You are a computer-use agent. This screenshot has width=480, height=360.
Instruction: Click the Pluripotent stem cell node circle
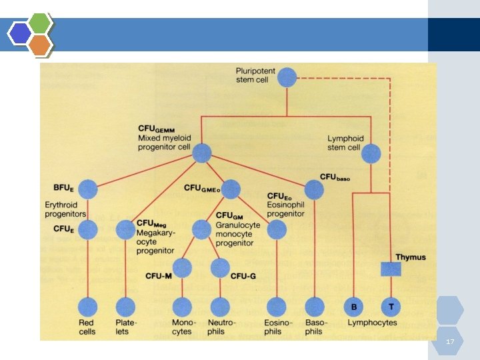point(287,77)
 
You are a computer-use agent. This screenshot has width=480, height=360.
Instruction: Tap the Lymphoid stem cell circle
point(371,154)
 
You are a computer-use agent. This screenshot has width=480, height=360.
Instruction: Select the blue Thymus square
point(391,269)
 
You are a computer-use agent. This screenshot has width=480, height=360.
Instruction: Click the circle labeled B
point(353,307)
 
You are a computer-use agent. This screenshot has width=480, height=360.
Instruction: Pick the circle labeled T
point(391,307)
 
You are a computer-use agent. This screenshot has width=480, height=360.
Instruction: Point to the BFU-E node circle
point(88,189)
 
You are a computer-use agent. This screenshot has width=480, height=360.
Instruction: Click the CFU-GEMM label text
point(156,129)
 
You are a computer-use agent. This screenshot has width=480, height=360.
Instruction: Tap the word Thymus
point(411,257)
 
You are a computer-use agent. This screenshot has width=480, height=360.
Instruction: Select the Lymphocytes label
point(372,323)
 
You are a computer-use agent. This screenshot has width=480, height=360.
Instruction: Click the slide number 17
point(450,341)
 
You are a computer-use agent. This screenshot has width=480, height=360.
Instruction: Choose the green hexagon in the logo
point(40,23)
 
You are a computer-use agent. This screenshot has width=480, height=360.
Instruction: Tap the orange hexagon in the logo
point(40,45)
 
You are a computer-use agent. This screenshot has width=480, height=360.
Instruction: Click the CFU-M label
point(159,276)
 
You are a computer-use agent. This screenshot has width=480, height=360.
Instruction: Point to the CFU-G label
point(243,277)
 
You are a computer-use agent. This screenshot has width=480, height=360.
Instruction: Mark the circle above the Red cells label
point(87,307)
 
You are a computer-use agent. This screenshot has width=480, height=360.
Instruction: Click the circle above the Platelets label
point(125,307)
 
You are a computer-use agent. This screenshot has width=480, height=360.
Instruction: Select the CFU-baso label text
point(335,177)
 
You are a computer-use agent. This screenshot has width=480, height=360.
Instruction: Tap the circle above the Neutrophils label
point(220,307)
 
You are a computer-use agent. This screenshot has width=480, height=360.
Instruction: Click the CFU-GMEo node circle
point(231,189)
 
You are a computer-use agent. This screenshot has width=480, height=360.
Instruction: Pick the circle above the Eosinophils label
point(277,307)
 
